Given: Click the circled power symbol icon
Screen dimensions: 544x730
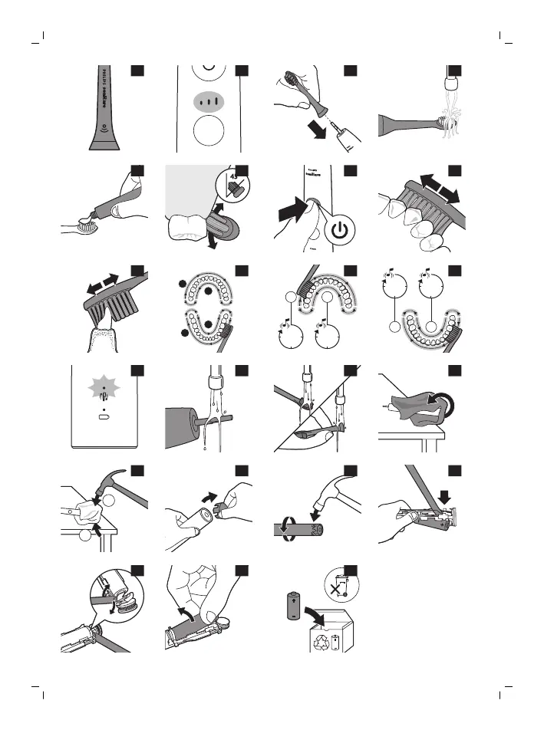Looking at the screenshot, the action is pyautogui.click(x=341, y=229).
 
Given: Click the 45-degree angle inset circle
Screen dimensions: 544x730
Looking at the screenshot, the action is pyautogui.click(x=233, y=184).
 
